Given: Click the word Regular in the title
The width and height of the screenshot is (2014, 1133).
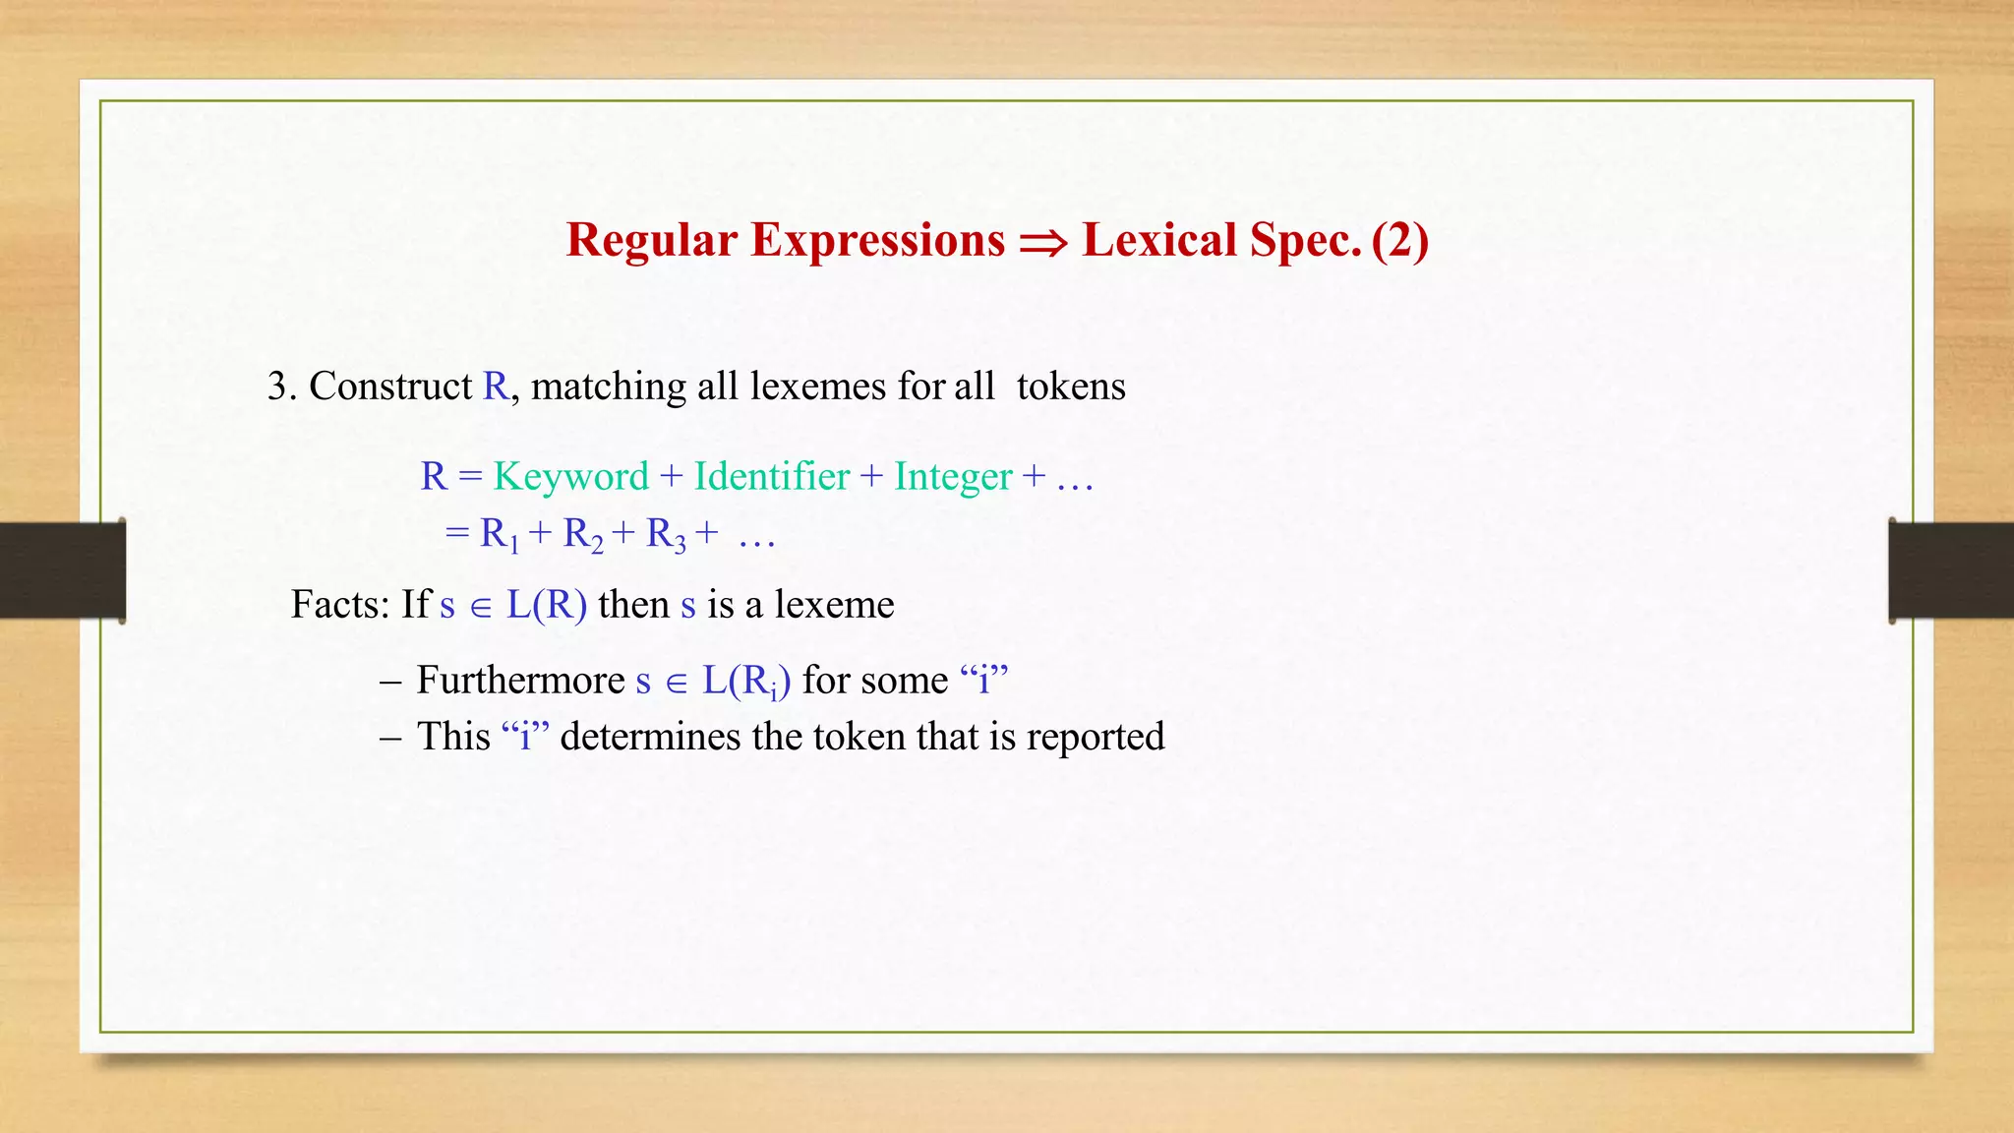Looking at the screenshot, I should (651, 240).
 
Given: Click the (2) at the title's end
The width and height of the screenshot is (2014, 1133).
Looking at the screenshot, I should (1399, 240).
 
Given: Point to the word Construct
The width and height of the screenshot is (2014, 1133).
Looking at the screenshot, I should (390, 386).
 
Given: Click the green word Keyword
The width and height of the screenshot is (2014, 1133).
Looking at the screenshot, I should (571, 476).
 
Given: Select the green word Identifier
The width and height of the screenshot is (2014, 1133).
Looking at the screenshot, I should (772, 476).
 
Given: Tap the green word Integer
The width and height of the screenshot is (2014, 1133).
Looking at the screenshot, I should (953, 476).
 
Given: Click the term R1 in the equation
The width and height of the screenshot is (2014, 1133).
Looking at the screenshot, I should (499, 534).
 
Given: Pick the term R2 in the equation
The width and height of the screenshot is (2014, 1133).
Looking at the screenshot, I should (582, 534).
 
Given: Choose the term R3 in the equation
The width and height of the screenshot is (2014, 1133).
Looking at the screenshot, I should (666, 534).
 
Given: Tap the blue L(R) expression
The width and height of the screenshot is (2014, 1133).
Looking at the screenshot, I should (547, 604).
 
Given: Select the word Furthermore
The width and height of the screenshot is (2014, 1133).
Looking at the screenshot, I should (520, 680).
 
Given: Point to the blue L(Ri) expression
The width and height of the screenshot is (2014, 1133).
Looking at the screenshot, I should (745, 681).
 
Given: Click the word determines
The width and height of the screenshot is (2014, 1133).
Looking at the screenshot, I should (650, 736).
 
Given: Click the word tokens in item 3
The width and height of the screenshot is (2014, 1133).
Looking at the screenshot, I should (1071, 386).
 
